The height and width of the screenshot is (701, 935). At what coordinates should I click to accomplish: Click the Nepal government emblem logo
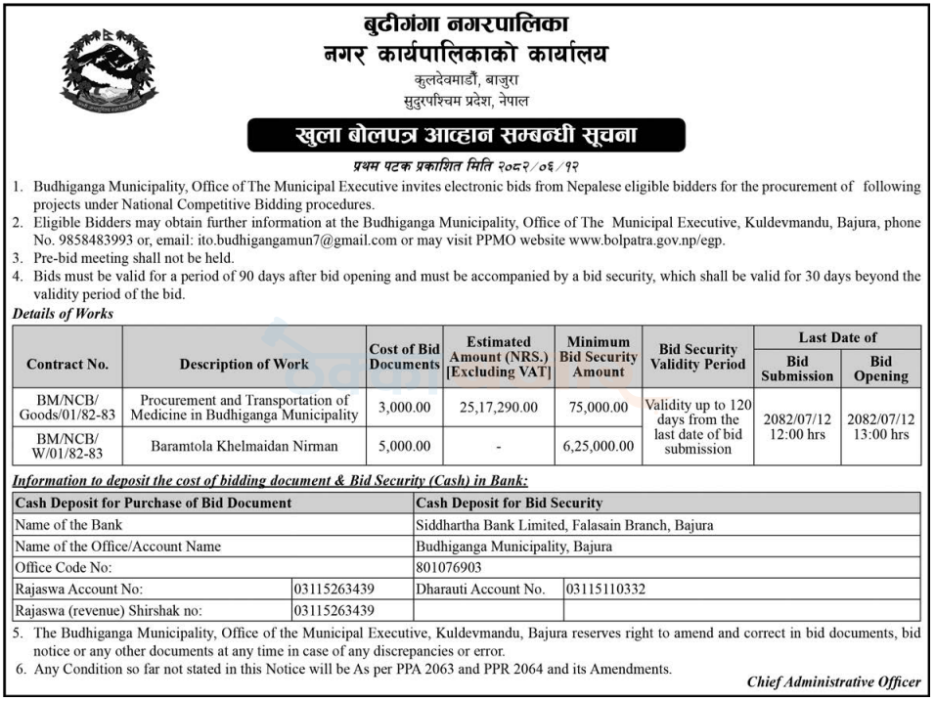tap(108, 70)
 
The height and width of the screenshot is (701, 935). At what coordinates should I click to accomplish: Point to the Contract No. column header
tap(67, 364)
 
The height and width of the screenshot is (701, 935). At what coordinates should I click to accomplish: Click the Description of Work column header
tap(244, 364)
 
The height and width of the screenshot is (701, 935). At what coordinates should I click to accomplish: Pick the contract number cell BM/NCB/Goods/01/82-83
tap(67, 407)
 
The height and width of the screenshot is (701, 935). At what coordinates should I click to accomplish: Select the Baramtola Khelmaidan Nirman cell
tap(244, 446)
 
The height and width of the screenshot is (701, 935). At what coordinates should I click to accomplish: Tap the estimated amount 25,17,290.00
tap(498, 407)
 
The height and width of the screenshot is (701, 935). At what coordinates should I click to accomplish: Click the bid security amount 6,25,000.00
tap(598, 446)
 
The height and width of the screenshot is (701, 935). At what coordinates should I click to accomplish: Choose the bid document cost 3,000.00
tap(404, 407)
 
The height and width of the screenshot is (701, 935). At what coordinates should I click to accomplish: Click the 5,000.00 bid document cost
tap(404, 446)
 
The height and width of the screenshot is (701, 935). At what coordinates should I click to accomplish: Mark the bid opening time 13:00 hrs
tap(880, 435)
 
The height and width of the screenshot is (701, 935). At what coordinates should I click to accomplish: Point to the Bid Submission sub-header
tap(797, 369)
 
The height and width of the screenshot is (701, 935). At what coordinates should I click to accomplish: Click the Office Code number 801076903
tap(449, 567)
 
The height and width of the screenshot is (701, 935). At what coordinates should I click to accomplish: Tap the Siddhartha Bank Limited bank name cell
tap(543, 525)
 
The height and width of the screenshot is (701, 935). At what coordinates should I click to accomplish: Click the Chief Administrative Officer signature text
tap(833, 682)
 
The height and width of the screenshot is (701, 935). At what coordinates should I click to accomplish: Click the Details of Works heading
tap(63, 314)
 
